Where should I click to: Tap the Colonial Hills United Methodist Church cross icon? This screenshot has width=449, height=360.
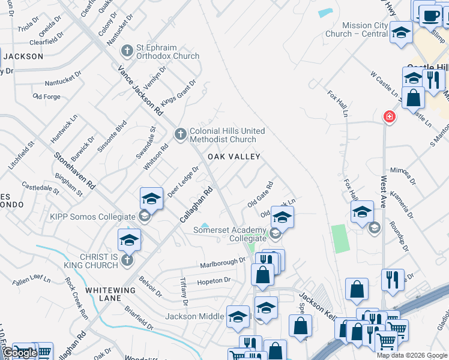click(181, 135)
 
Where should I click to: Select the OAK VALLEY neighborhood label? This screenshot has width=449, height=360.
click(234, 157)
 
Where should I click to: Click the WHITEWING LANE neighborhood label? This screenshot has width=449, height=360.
click(110, 290)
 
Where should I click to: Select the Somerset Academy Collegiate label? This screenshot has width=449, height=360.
click(229, 234)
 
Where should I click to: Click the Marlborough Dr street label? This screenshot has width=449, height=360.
click(223, 263)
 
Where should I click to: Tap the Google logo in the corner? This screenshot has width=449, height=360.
click(19, 353)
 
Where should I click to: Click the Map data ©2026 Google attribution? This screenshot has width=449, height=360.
click(412, 355)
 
